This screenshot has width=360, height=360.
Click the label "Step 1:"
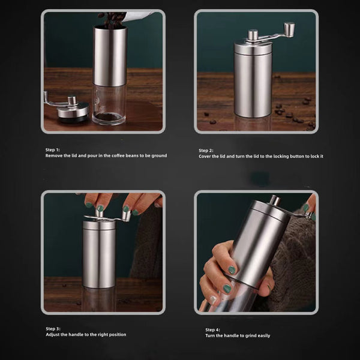point(53,149)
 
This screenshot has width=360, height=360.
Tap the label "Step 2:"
point(206,150)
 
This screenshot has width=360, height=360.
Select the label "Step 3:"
point(53,329)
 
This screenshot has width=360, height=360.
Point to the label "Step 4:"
point(212,329)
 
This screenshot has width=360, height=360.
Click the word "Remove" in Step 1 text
point(54,155)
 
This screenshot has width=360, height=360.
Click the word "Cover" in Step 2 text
point(206,156)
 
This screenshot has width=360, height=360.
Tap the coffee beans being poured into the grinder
point(112,19)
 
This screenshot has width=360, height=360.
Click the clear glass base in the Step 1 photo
point(109,104)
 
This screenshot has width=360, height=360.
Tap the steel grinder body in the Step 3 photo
point(100,255)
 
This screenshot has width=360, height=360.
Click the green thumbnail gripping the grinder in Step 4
point(231,271)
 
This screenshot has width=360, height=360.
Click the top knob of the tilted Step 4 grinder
point(274,200)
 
